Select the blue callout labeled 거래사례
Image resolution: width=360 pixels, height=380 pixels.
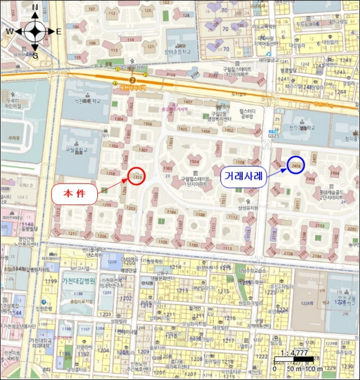click(x=243, y=176)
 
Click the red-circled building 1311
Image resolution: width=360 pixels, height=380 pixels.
click(x=137, y=176)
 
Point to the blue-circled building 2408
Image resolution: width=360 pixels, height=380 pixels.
click(x=296, y=164)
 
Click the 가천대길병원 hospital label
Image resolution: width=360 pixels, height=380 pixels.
click(x=72, y=281)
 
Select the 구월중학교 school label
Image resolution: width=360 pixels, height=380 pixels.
click(x=73, y=150)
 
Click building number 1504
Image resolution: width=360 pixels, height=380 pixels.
click(x=194, y=161)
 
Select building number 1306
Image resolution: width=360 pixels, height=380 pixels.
click(x=147, y=124)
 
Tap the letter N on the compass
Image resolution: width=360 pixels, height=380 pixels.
click(x=35, y=8)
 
